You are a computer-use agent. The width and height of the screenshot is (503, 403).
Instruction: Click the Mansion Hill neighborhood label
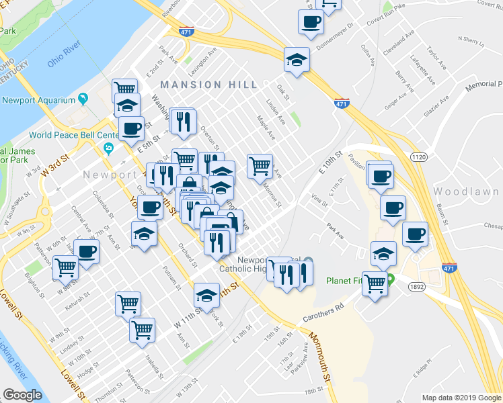click(x=208, y=85)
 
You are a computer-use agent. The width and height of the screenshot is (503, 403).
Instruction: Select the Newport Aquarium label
click(x=38, y=100)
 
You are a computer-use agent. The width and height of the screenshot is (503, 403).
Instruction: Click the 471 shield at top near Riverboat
click(x=188, y=31)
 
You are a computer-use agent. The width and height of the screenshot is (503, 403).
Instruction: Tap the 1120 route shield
click(x=419, y=157)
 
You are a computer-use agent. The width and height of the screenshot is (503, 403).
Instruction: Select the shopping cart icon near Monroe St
click(x=260, y=165)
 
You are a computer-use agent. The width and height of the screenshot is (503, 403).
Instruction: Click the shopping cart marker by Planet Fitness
click(x=375, y=283)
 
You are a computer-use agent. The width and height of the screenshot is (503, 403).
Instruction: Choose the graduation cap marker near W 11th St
click(x=207, y=294)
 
